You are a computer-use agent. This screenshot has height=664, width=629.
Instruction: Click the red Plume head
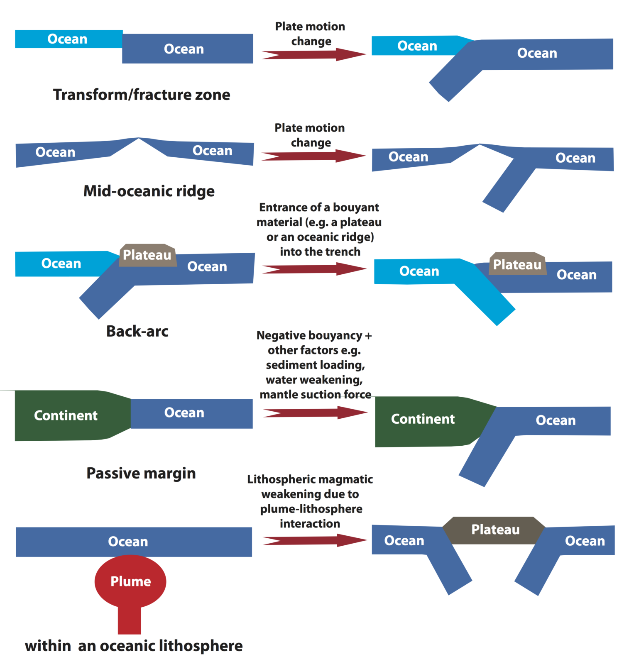click(130, 581)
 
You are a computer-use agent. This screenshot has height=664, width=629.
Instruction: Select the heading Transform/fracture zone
click(142, 95)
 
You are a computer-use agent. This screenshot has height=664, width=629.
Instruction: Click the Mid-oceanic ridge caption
click(149, 191)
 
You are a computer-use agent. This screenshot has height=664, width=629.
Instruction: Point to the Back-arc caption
click(137, 331)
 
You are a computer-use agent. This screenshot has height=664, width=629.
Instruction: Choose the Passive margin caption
click(141, 473)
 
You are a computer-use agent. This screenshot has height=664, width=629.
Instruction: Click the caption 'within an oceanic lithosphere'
click(134, 646)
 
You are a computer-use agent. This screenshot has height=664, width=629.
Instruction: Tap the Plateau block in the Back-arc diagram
click(147, 255)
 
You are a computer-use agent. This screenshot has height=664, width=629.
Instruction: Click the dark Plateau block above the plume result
click(495, 530)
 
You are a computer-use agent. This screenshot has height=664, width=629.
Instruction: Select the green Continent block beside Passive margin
click(66, 415)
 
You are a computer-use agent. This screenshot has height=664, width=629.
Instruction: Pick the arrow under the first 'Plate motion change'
click(313, 54)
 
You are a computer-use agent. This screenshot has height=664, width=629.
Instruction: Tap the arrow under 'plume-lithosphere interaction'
click(314, 540)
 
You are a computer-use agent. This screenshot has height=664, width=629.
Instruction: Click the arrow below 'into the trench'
click(314, 269)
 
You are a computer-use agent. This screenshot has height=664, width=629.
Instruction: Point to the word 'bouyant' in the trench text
click(356, 207)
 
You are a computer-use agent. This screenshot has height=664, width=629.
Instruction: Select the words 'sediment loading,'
click(316, 365)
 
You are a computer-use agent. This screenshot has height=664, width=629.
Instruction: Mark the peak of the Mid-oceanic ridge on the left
click(139, 139)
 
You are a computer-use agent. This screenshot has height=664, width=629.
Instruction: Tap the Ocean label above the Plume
click(128, 542)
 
